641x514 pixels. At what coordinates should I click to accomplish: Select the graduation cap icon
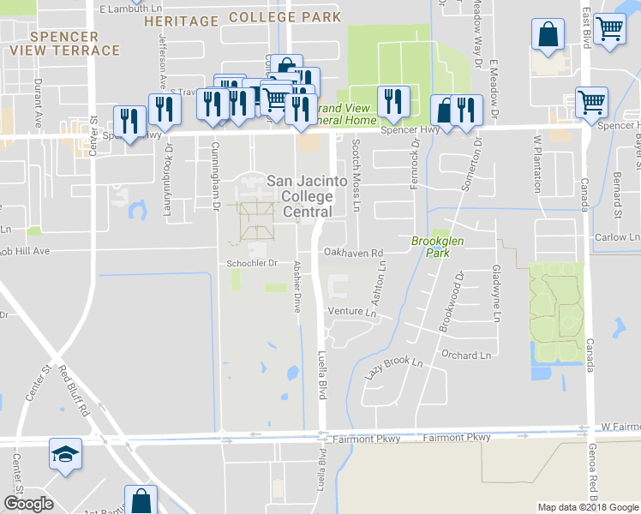click(65, 455)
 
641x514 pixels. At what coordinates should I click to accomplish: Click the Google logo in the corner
click(28, 504)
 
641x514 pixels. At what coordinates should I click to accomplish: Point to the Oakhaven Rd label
click(353, 253)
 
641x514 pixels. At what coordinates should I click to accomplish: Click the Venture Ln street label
click(351, 313)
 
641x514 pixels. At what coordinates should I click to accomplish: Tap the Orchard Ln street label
click(466, 355)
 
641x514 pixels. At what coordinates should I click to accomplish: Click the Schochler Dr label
click(253, 263)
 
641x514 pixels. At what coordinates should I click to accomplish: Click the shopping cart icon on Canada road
click(592, 102)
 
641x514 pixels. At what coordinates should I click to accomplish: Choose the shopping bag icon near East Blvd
click(548, 35)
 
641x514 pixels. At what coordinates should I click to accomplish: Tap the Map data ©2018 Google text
click(588, 507)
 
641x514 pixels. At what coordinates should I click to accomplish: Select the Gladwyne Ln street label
click(496, 292)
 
